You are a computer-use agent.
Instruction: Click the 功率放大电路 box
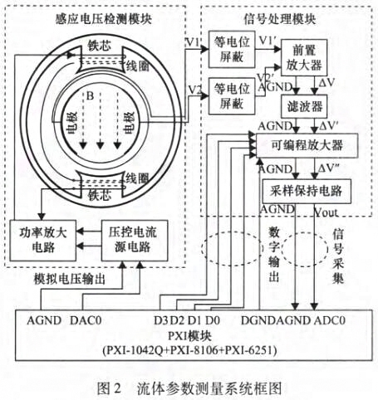[x=42, y=239]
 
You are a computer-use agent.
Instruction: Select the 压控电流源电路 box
[x=126, y=239]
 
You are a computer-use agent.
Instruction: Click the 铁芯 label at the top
[x=98, y=46]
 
